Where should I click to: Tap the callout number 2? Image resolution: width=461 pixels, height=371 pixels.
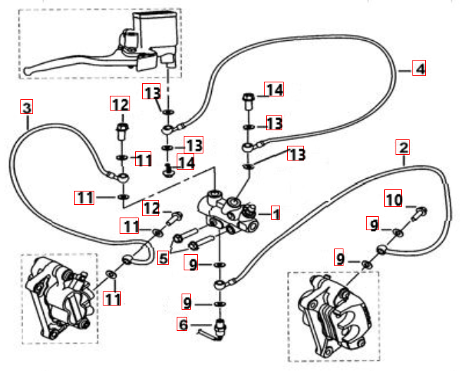(403, 148)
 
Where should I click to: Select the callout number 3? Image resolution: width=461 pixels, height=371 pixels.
(27, 108)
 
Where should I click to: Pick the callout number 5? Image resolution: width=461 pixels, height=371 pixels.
(163, 258)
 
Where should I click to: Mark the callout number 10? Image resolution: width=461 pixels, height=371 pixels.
(393, 200)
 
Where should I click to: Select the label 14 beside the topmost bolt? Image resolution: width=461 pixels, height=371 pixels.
(274, 89)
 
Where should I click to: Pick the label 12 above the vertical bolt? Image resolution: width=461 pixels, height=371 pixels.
(120, 105)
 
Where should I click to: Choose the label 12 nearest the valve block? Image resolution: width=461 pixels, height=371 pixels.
(151, 208)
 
